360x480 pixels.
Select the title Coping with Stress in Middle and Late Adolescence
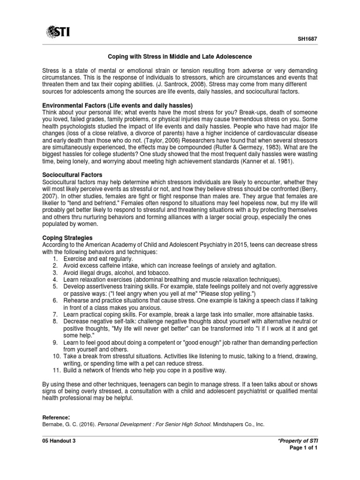pyautogui.click(x=180, y=57)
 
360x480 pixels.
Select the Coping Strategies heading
pyautogui.click(x=67, y=238)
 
